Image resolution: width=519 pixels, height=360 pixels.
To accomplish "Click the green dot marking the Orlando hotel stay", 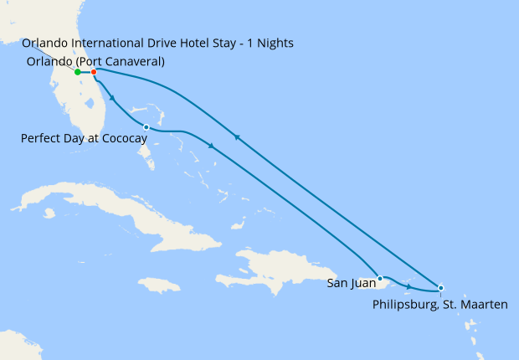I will (77, 72).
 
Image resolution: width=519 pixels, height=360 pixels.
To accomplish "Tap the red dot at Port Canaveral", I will (94, 72).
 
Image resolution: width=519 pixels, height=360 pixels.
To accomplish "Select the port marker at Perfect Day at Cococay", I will (146, 127).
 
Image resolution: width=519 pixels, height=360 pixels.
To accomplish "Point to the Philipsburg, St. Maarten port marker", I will (441, 288).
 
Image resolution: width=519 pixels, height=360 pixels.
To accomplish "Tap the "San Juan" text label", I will (351, 283).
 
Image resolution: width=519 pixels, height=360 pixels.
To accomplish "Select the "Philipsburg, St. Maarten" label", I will (439, 305).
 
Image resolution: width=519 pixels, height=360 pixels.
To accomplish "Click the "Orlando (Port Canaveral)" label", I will (95, 61).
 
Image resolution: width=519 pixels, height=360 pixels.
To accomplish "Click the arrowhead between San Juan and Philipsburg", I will (409, 287).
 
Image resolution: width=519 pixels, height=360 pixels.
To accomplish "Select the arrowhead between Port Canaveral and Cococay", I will (111, 99).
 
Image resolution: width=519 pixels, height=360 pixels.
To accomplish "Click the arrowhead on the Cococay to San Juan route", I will (212, 147).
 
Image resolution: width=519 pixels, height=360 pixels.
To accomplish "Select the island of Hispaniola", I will (276, 268).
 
